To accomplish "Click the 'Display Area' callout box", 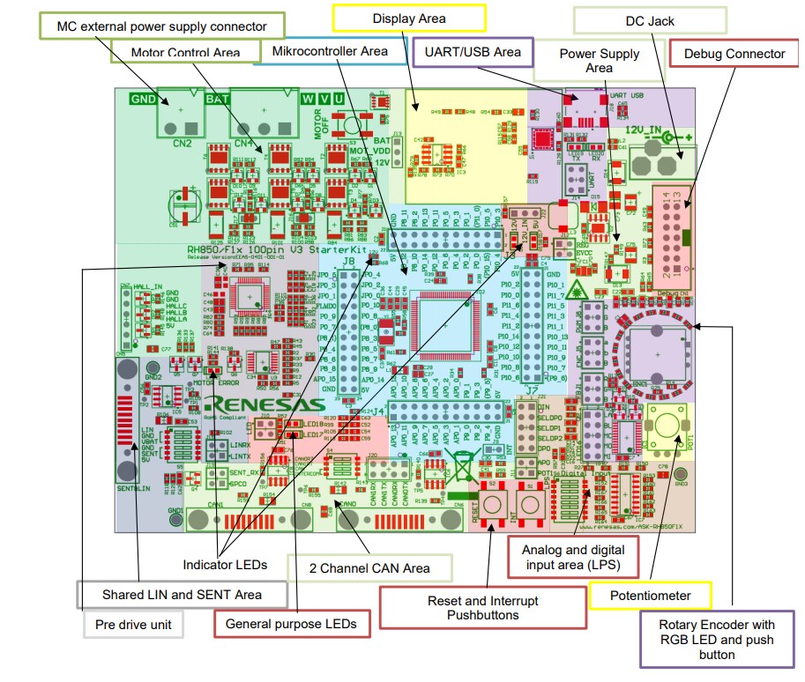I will coord(408,18).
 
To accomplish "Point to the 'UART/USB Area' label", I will coord(473,52).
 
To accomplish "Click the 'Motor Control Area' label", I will coord(185,52).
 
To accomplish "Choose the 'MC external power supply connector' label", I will coord(161,26).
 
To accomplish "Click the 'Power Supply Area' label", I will coord(599,61).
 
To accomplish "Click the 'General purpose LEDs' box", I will coord(291,624).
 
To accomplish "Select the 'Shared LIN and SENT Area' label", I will coord(182,595).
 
